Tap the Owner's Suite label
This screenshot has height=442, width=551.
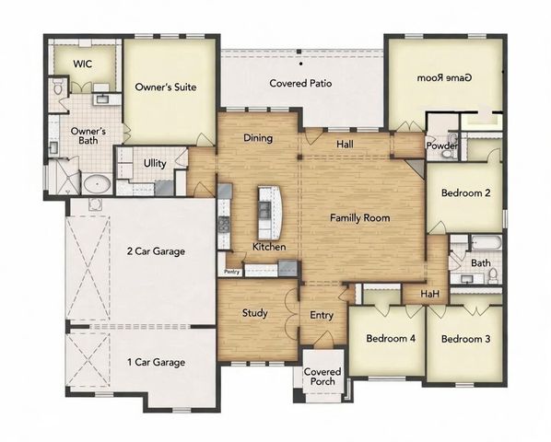[167, 88]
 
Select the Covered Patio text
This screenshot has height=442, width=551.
[300, 84]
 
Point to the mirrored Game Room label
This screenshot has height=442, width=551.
[445, 78]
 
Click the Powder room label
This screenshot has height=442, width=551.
[440, 145]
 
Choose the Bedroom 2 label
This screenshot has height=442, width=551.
[465, 193]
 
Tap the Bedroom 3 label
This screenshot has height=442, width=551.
[465, 339]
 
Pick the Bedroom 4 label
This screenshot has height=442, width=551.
[391, 339]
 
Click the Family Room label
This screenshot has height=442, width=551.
[360, 218]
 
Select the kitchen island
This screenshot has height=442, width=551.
[268, 211]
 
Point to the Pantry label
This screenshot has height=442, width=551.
[231, 271]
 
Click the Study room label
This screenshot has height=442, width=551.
[255, 313]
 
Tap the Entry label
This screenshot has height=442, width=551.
[322, 316]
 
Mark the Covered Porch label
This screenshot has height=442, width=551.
[323, 378]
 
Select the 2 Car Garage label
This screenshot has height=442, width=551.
[157, 250]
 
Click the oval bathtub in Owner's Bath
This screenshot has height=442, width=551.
[97, 183]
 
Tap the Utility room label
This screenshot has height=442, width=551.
[155, 163]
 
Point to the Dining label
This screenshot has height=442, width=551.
[257, 138]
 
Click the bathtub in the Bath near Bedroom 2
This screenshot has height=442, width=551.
[486, 245]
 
